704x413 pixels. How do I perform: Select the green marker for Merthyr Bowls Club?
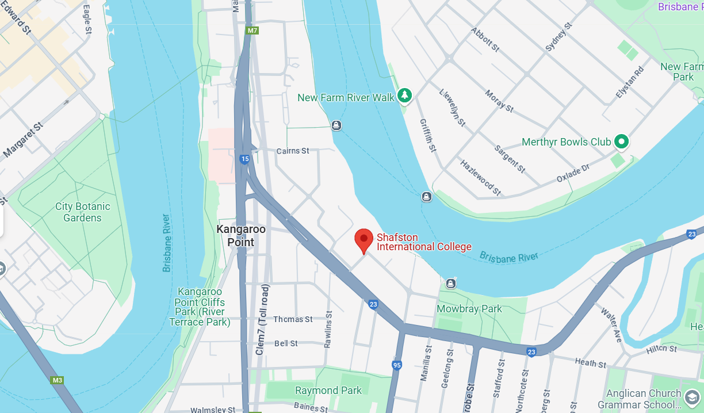[621, 141]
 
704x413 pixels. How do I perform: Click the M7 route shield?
[252, 30]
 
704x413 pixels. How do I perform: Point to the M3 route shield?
[57, 380]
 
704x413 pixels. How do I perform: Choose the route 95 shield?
[397, 365]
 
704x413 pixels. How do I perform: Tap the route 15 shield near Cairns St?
[244, 159]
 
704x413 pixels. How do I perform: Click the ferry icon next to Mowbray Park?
[451, 284]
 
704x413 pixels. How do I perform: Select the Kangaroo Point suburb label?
[241, 235]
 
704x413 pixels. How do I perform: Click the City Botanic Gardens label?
[82, 212]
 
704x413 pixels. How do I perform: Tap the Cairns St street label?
[293, 151]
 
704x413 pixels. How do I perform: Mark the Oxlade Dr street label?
[573, 174]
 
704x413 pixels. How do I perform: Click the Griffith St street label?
[428, 136]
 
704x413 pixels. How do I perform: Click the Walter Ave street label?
[611, 325]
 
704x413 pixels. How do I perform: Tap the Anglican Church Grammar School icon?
[691, 396]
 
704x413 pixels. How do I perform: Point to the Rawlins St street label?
[328, 330]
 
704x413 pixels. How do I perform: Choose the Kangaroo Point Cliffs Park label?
[201, 307]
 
